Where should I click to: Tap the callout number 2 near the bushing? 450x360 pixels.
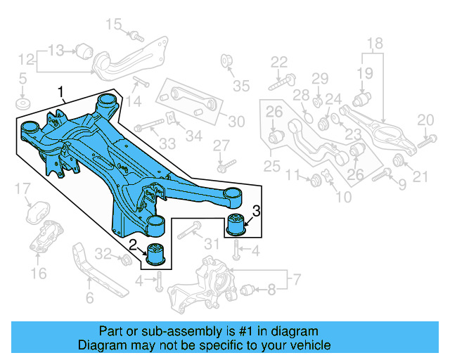[132, 244]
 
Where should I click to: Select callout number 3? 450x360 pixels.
[257, 210]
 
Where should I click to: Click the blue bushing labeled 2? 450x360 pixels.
[155, 255]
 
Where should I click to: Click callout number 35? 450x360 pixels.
[242, 86]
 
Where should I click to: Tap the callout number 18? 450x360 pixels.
[375, 44]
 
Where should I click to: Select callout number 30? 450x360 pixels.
[236, 122]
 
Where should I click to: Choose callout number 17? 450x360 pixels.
[23, 188]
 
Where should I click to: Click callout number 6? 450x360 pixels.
[89, 298]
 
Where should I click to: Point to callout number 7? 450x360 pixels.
[297, 280]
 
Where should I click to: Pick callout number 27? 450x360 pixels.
[221, 145]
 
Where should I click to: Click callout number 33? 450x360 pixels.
[167, 144]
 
